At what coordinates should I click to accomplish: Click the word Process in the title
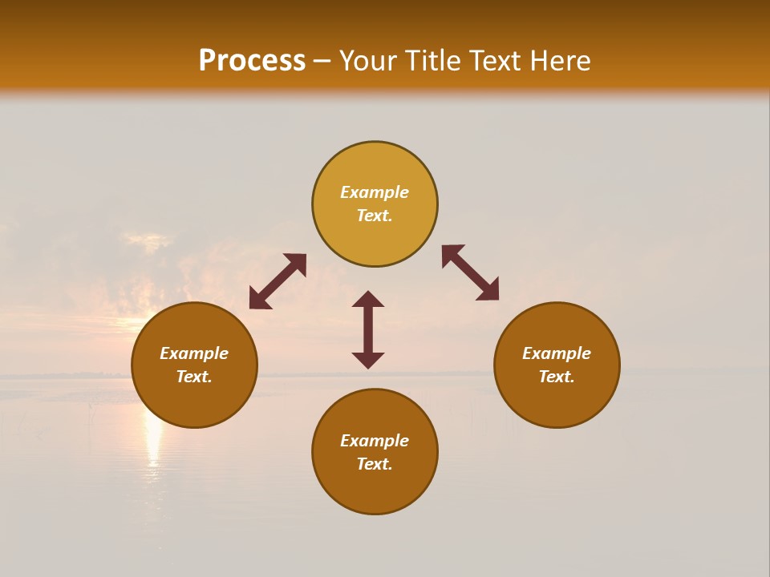point(252,60)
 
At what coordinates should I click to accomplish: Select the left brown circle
point(194,401)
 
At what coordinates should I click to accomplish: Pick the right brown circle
point(557,401)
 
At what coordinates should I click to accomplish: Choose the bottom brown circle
point(375,489)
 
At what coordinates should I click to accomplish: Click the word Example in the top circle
point(375,192)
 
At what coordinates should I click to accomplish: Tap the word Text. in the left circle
point(194,377)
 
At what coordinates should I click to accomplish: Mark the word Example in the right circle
point(557,353)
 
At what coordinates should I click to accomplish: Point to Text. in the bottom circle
point(375,464)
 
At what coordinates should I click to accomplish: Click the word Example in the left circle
point(194,353)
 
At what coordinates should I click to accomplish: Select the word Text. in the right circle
point(557,377)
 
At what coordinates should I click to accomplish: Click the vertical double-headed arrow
point(368,329)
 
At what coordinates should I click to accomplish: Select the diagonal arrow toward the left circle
point(278,280)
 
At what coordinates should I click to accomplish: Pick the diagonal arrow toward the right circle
point(470,272)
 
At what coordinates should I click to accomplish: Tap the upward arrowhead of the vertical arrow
point(368,298)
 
